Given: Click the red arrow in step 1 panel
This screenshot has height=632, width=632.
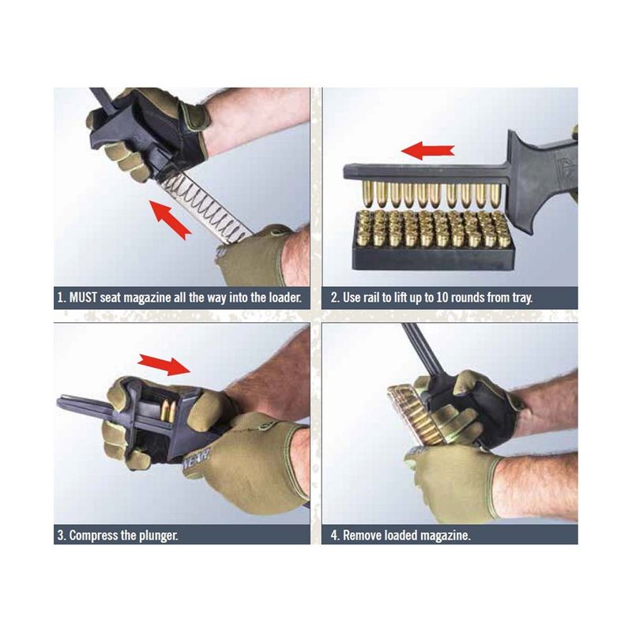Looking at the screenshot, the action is click(x=171, y=220).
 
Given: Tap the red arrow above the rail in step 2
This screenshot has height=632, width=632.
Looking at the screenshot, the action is click(x=427, y=151).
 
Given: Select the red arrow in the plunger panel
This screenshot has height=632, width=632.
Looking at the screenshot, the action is click(x=164, y=364).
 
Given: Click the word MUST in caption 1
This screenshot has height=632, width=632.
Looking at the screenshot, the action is click(x=83, y=298).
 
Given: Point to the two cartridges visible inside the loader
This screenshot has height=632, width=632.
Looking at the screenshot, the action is click(x=168, y=412).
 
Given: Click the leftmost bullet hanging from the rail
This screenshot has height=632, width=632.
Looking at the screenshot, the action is click(x=367, y=194).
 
